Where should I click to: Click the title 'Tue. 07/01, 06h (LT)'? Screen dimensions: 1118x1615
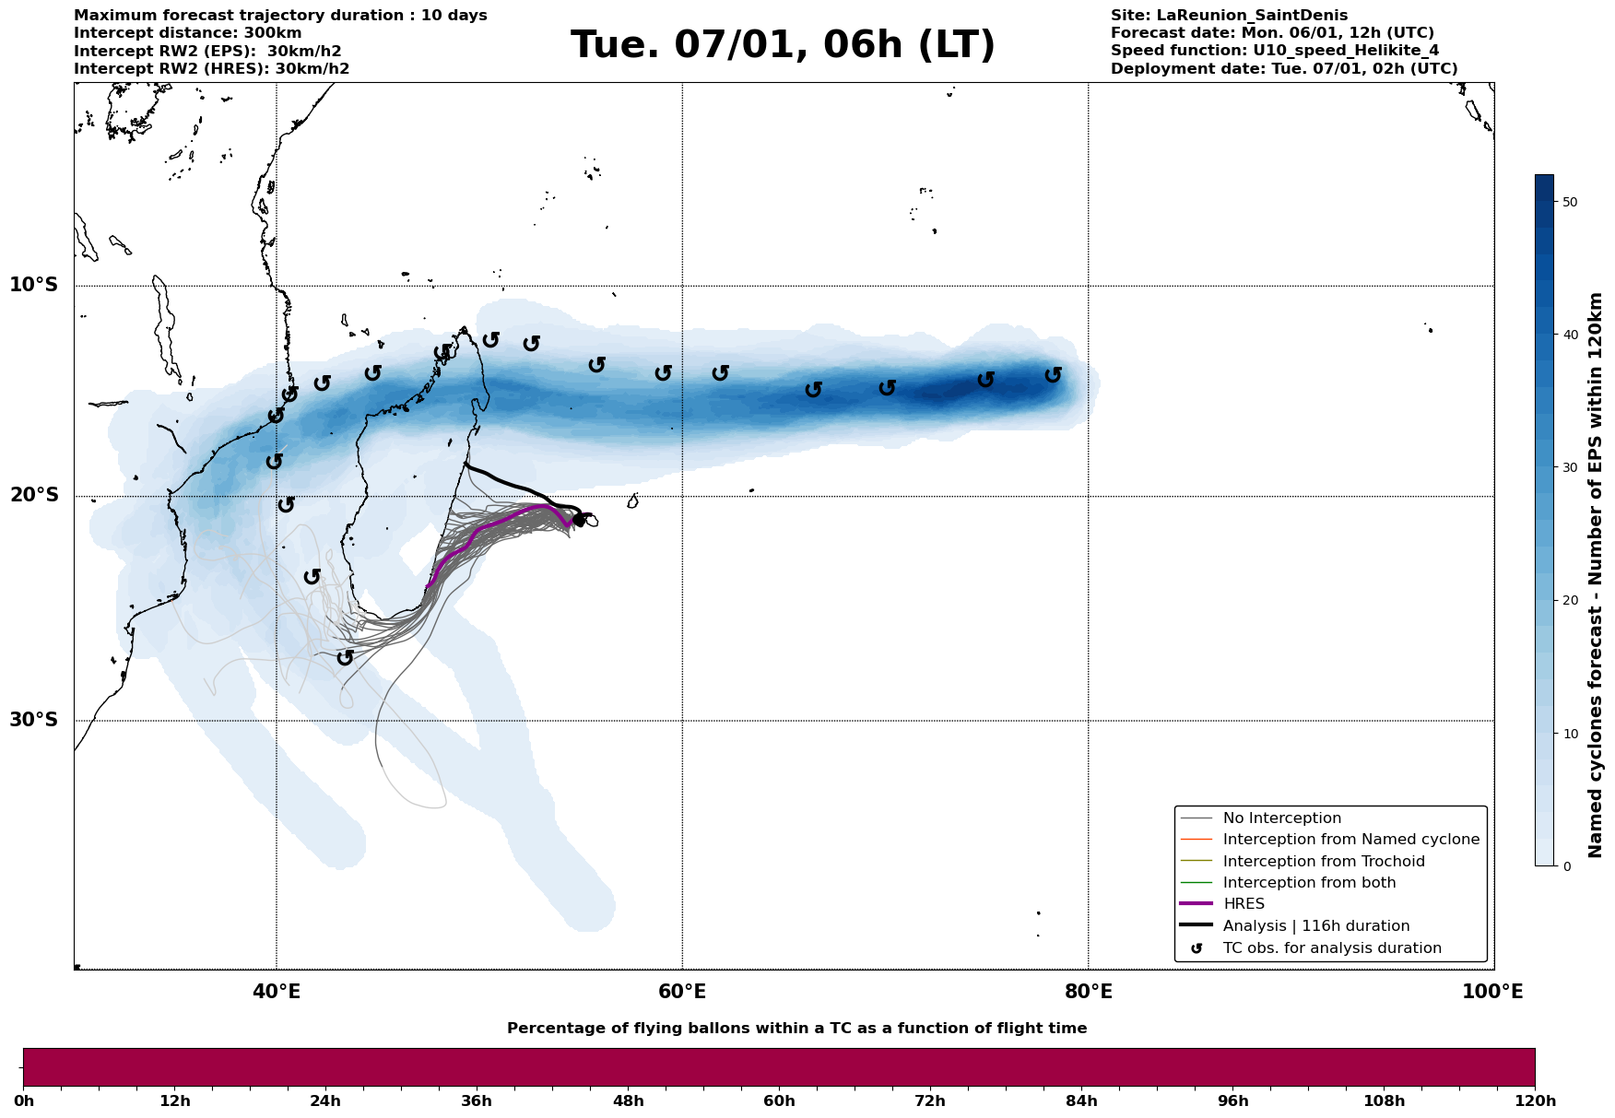tap(783, 45)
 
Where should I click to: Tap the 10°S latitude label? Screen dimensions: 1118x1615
tap(34, 285)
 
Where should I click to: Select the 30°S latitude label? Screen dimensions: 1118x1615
tap(34, 720)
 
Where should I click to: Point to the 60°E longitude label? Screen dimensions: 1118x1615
tap(682, 992)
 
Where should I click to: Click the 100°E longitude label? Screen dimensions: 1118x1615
tap(1492, 992)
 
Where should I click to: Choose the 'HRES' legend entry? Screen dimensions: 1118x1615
tap(1244, 904)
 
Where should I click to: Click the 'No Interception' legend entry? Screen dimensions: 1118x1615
tap(1281, 818)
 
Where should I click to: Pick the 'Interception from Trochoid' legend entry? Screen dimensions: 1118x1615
tap(1323, 862)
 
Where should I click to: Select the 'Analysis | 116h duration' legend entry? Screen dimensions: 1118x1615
tap(1315, 926)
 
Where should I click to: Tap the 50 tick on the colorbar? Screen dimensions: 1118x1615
tap(1571, 202)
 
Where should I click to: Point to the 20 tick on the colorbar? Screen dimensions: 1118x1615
tap(1571, 601)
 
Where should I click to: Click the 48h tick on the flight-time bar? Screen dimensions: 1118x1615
tap(628, 1100)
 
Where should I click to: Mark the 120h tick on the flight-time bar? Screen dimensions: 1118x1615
tap(1535, 1100)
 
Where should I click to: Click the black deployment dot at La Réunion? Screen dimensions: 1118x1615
tap(579, 520)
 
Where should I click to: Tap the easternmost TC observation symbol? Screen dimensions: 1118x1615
tap(1053, 375)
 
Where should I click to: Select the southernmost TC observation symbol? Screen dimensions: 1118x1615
tap(345, 657)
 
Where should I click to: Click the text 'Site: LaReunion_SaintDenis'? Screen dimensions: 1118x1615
tap(1229, 16)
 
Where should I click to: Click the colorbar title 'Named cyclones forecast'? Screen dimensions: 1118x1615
tap(1596, 575)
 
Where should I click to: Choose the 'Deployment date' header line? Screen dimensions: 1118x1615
tap(1284, 69)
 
